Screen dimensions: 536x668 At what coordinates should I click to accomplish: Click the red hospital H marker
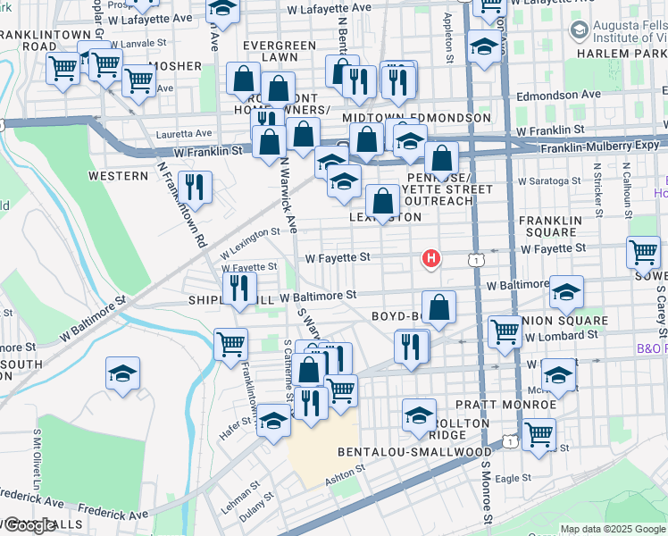tap(431, 259)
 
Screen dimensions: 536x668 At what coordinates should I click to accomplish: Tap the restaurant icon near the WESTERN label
tap(194, 186)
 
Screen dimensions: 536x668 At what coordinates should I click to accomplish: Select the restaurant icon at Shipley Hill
tap(238, 288)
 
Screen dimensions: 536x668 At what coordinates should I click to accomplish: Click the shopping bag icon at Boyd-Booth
tap(438, 308)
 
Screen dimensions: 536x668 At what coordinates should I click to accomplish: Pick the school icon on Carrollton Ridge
tap(419, 415)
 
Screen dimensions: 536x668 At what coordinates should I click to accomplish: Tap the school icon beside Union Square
tap(566, 292)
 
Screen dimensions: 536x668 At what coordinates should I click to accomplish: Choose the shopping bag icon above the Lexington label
tap(383, 201)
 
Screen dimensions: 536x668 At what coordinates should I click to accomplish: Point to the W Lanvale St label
tap(139, 43)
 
